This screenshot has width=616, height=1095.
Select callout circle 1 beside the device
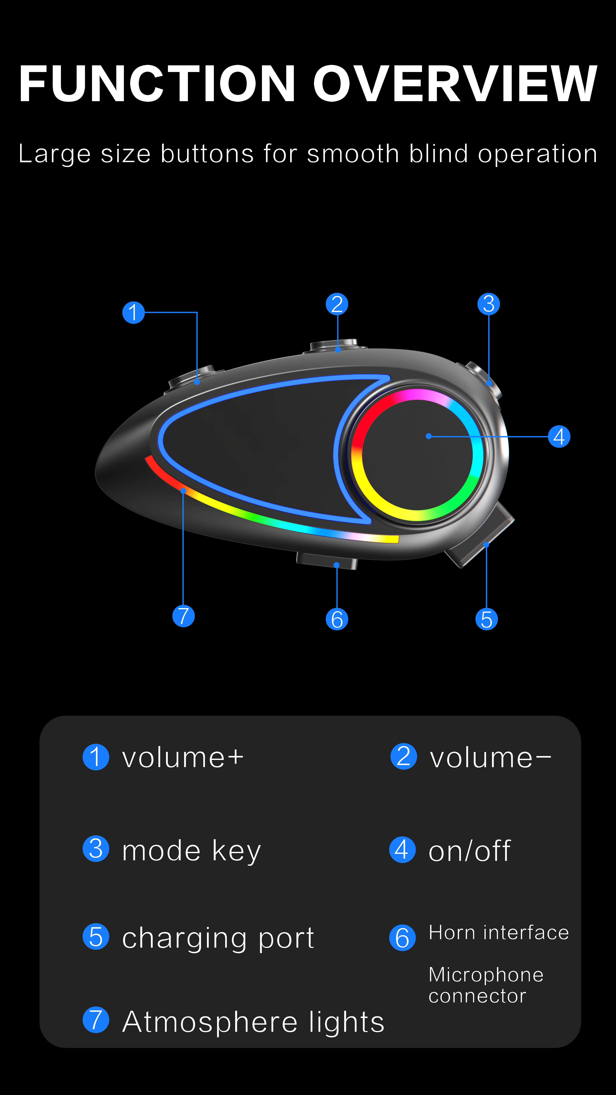point(134,312)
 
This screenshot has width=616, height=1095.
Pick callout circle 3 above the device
point(488,304)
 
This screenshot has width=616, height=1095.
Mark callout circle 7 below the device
point(183,616)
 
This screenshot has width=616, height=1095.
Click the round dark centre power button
point(417,455)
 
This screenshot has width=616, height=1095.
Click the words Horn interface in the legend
point(498,933)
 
